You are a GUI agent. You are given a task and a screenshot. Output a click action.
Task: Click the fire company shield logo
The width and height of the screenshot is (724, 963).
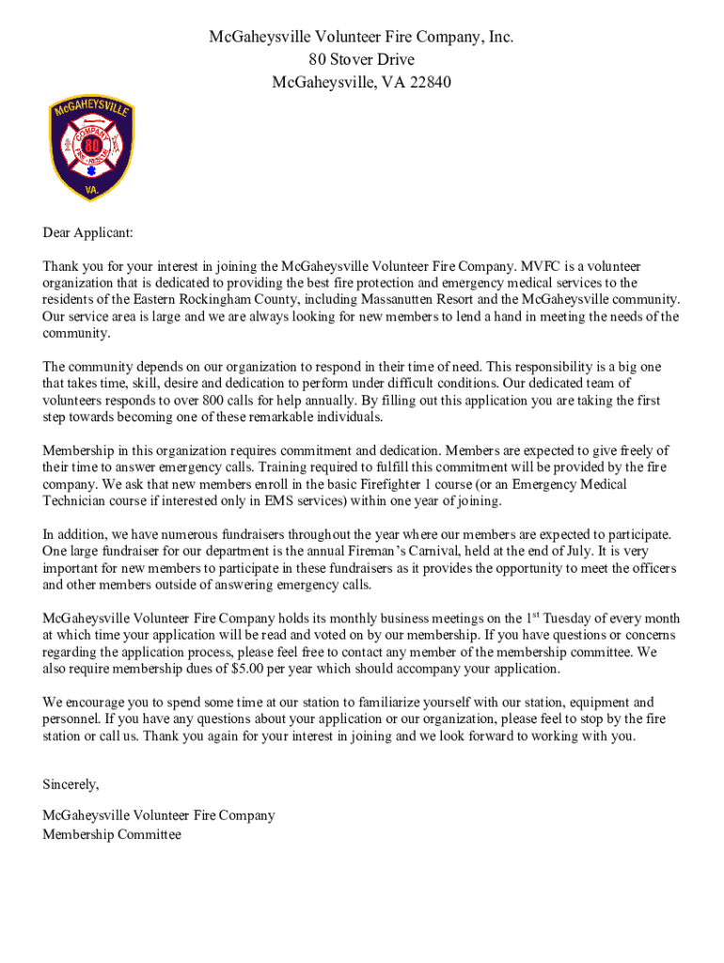click(x=91, y=149)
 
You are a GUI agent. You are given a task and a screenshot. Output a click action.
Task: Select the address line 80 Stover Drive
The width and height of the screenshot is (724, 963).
click(x=361, y=60)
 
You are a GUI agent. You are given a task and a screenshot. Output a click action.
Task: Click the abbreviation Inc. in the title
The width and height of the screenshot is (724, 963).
click(x=499, y=38)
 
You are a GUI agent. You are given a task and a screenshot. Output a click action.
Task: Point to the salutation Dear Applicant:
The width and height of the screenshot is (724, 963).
click(x=87, y=232)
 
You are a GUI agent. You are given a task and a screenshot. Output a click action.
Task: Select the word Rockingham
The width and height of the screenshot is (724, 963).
click(x=184, y=300)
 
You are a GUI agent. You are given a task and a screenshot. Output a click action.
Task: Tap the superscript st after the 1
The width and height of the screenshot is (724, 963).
click(x=537, y=615)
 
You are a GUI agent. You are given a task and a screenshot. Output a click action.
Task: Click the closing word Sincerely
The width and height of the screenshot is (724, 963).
click(x=70, y=784)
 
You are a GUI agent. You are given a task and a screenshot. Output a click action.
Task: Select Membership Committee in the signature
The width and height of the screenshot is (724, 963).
click(x=111, y=834)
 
